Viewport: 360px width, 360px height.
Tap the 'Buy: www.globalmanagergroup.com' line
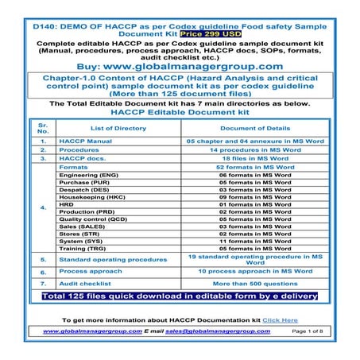pyautogui.click(x=180, y=66)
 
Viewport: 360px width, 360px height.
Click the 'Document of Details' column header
pyautogui.click(x=254, y=128)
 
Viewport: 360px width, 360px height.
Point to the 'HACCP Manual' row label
pyautogui.click(x=85, y=141)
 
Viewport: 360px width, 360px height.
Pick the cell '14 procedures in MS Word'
pyautogui.click(x=254, y=149)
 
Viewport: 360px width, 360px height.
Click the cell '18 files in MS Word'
pyautogui.click(x=254, y=159)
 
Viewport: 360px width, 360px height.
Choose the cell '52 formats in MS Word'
pyautogui.click(x=254, y=168)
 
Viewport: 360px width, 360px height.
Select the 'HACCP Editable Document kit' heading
pyautogui.click(x=180, y=113)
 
